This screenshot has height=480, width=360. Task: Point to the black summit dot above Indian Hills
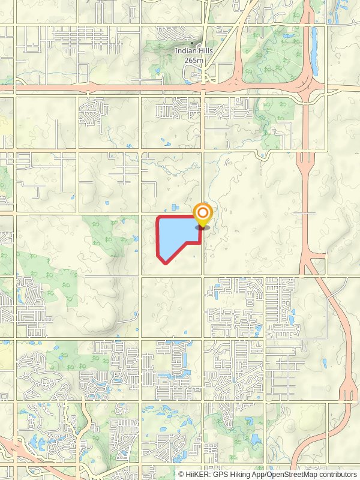191,43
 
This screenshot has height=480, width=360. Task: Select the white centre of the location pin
203,212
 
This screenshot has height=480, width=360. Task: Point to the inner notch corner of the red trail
199,242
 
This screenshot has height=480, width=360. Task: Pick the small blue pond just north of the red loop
175,208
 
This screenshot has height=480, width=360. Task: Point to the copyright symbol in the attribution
182,474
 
